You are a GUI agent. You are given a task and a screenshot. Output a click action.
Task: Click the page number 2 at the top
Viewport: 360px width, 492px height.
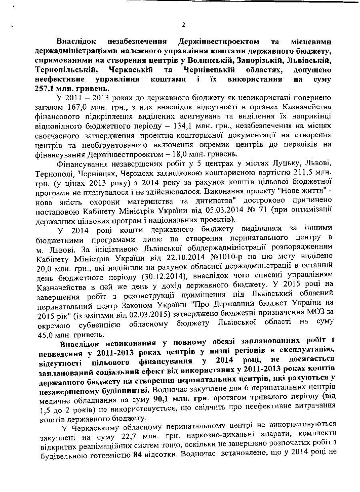point(183,25)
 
